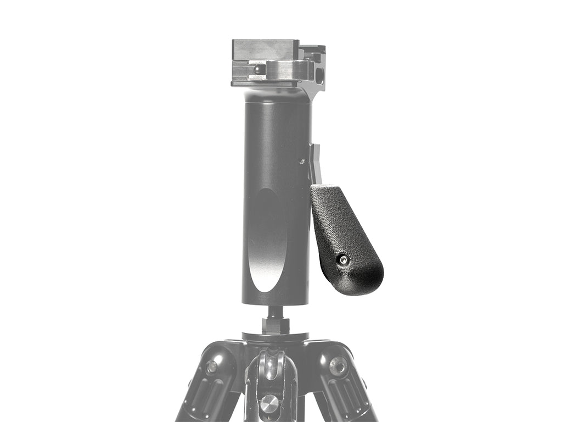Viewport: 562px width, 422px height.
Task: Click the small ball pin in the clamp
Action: tap(258, 69)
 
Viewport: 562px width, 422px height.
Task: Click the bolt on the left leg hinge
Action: tap(212, 367)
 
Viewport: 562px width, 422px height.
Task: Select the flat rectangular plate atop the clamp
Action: tap(265, 49)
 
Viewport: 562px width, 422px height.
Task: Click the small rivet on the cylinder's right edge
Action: tap(301, 161)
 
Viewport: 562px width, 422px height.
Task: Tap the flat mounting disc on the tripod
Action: tap(275, 336)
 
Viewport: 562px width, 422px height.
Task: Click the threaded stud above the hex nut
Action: tap(274, 312)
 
